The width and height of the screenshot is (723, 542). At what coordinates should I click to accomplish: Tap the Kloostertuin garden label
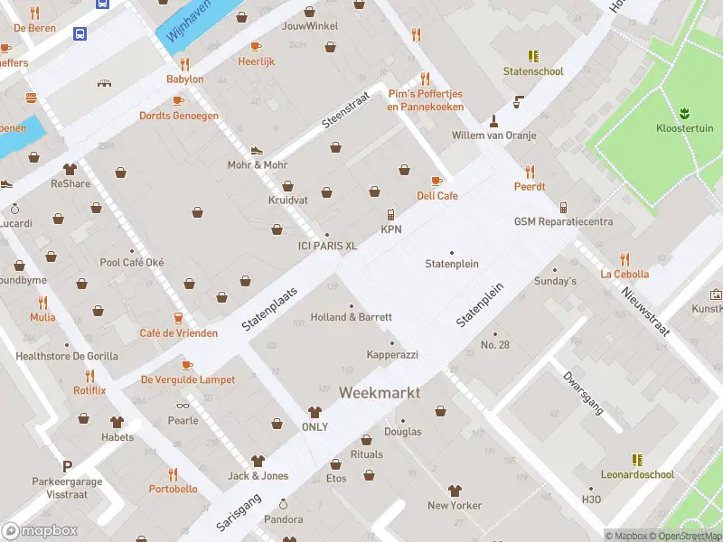684,127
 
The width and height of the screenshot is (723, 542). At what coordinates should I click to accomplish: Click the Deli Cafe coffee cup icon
437,181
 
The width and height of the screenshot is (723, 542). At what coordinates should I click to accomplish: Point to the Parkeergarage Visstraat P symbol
66,466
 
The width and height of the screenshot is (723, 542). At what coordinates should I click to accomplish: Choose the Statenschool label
533,71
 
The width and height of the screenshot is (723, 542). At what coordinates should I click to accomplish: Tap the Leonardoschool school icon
637,460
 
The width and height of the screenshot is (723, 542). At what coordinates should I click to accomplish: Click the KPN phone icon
390,215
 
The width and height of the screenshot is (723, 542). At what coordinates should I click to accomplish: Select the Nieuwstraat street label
645,307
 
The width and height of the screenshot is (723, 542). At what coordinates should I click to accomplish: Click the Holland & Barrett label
352,317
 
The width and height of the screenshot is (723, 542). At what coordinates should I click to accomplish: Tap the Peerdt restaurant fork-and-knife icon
530,172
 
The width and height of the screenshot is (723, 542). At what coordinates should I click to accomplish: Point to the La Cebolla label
624,274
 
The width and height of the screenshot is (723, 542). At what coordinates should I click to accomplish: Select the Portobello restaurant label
173,489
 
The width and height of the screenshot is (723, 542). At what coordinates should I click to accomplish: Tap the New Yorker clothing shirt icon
455,491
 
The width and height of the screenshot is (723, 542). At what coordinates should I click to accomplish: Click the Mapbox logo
39,531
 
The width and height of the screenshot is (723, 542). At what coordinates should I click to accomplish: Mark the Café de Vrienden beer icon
178,319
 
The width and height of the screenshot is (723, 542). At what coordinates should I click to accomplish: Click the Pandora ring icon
283,505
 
